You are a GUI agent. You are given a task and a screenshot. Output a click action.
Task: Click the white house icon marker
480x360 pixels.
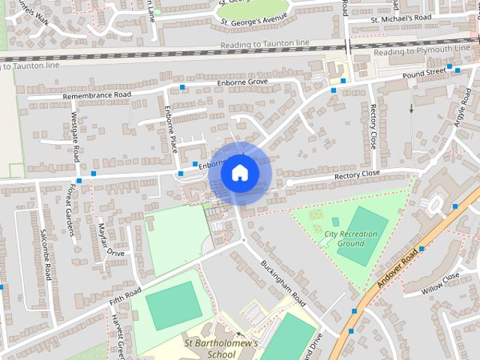(x=240, y=173)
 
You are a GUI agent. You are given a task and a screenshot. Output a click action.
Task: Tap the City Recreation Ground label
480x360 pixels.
(x=351, y=238)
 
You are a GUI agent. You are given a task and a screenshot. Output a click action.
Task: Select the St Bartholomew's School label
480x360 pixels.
(x=221, y=349)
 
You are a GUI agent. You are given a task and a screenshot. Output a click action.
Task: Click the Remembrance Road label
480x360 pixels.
(x=97, y=95)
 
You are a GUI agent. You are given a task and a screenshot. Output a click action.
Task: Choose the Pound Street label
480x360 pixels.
(x=424, y=73)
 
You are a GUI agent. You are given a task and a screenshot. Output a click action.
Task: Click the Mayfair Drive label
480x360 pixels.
(x=110, y=239)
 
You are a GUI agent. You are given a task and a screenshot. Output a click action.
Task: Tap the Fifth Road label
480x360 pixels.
(x=125, y=295)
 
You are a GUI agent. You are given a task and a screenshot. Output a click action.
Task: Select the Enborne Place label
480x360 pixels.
(x=171, y=128)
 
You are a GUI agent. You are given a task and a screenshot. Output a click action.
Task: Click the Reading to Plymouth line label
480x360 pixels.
(x=421, y=50)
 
